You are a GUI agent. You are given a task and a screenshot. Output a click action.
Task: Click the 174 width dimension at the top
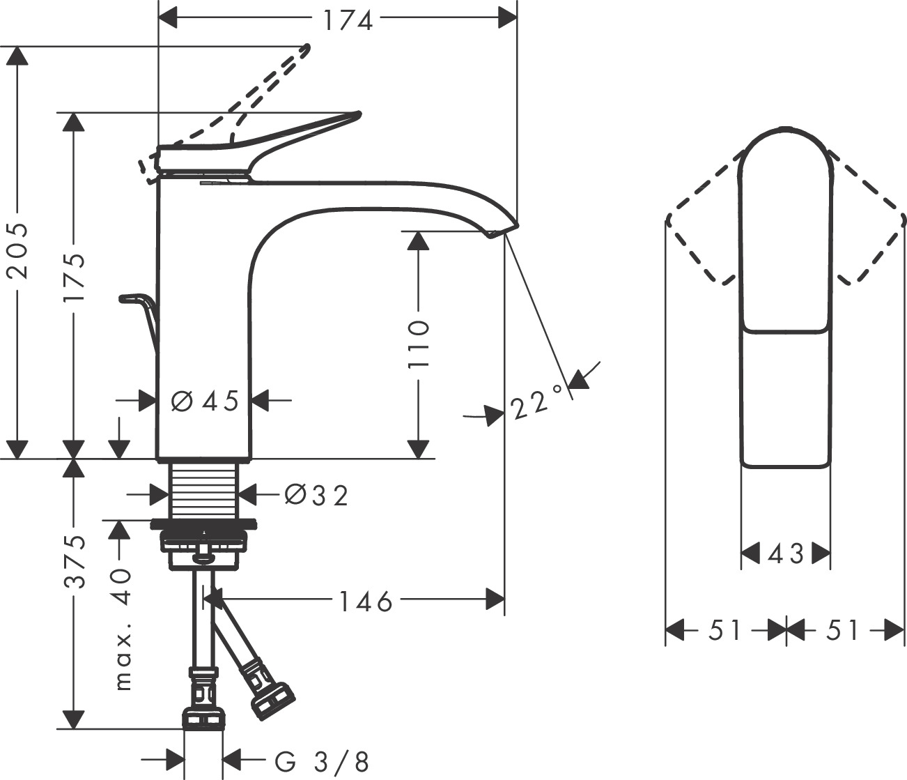347,20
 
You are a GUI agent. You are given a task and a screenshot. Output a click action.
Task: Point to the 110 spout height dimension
418,344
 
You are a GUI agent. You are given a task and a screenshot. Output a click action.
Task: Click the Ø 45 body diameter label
205,401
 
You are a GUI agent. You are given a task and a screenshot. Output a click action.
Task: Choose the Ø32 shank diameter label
316,495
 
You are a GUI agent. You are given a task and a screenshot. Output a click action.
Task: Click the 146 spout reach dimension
366,600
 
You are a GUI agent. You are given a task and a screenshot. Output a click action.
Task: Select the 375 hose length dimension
74,561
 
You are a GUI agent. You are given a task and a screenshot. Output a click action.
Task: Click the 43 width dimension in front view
785,554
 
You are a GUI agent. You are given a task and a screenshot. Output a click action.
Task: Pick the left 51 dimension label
725,631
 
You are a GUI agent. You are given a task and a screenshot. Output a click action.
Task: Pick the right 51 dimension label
843,631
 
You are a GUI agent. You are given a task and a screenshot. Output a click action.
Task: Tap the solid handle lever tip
356,114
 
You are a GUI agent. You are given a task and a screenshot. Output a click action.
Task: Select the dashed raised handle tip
304,49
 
